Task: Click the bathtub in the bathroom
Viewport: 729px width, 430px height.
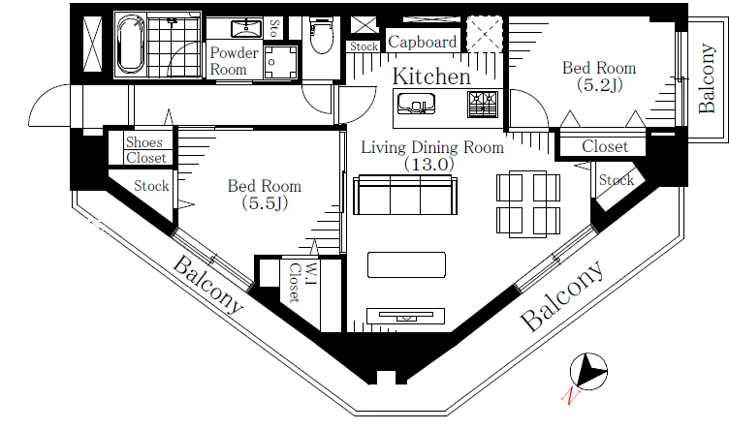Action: (130, 45)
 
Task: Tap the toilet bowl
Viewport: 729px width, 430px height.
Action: (321, 35)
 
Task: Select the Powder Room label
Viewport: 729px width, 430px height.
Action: (234, 61)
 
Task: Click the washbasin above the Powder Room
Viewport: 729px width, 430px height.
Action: (246, 28)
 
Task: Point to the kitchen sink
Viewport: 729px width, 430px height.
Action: (417, 103)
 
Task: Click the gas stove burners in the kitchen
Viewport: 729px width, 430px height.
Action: (483, 104)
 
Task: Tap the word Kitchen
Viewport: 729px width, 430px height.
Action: (431, 77)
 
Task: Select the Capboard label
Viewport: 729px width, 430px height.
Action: (422, 43)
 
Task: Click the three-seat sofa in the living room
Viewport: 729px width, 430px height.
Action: (405, 195)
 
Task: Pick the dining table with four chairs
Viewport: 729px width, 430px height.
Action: (528, 204)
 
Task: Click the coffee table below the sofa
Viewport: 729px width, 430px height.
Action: (406, 264)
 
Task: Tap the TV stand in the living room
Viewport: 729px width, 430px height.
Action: (405, 316)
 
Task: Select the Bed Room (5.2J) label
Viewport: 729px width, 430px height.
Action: (599, 77)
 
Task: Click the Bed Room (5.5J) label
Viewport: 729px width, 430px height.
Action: (265, 194)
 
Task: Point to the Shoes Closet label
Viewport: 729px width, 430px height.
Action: (146, 150)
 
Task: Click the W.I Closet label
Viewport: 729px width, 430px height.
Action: (302, 283)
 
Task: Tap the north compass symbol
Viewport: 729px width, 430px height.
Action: (588, 372)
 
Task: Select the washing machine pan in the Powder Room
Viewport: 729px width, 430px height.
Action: (280, 62)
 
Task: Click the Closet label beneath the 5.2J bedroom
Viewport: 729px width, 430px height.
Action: (605, 147)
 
